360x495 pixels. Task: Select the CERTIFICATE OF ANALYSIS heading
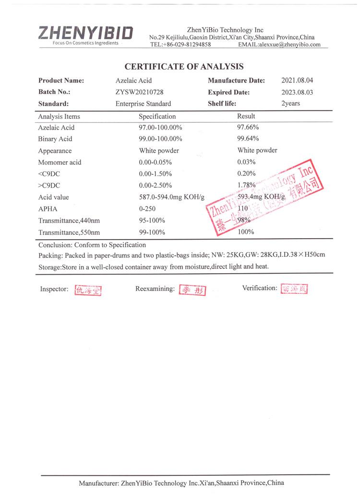point(184,67)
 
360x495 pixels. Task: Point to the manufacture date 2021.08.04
point(297,81)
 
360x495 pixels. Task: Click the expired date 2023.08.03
point(297,92)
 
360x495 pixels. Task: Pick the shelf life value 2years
point(291,104)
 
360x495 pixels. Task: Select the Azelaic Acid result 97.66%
point(248,128)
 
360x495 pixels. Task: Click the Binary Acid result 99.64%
point(248,139)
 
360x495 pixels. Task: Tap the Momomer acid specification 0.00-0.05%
point(155,162)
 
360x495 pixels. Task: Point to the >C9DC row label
point(48,185)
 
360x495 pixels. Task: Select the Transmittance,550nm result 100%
point(246,232)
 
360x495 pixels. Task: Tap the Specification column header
point(157,117)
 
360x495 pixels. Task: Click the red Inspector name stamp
point(88,290)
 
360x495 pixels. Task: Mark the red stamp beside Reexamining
point(192,290)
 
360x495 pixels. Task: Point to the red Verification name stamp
point(294,289)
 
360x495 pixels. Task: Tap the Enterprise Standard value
point(143,104)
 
